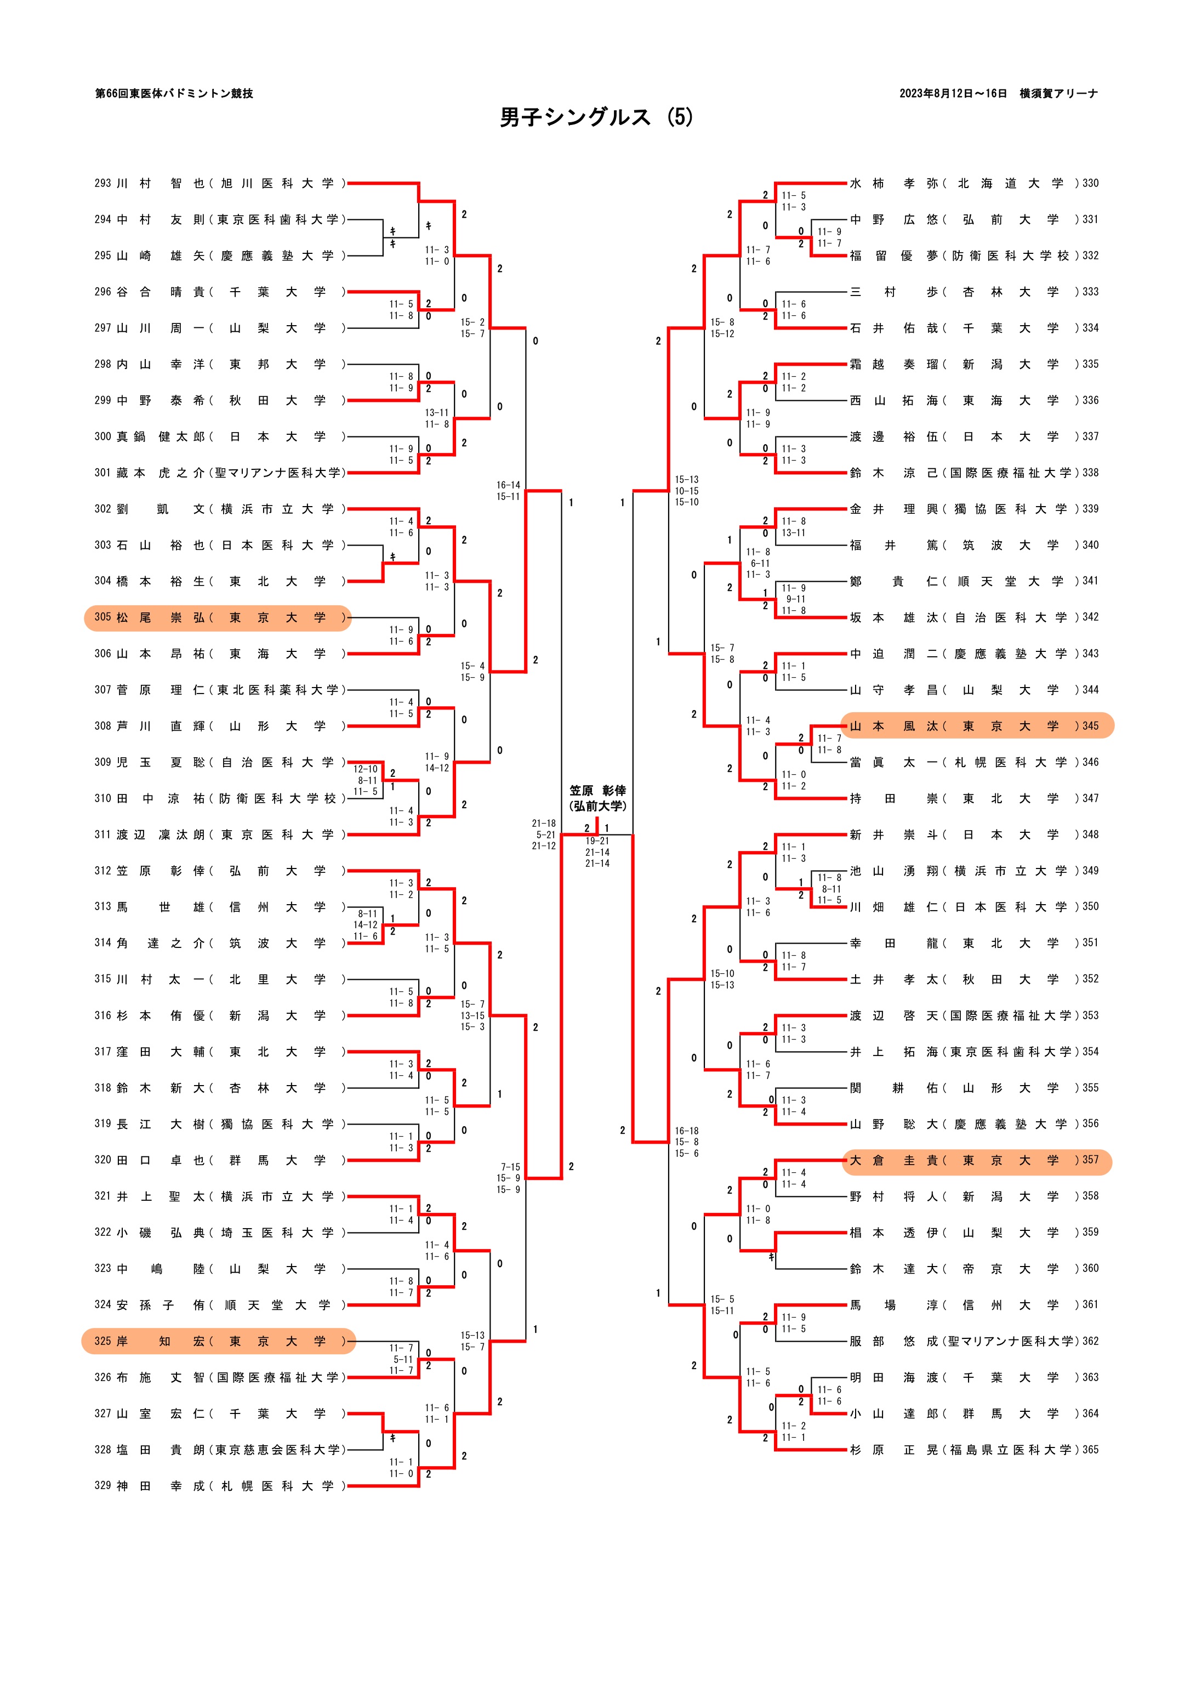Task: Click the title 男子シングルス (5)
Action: coord(596,117)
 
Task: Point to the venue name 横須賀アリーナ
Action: coord(1058,94)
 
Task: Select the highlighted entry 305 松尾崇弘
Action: coord(218,617)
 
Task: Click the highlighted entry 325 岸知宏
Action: coord(218,1341)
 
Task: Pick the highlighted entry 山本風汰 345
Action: coord(976,726)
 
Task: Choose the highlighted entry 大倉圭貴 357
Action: coord(976,1160)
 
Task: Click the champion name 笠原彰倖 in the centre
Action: coord(597,791)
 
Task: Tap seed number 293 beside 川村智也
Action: coord(102,184)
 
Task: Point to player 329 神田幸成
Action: coord(218,1486)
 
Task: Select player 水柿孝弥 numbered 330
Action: coord(973,184)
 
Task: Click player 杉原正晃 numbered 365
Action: coord(973,1450)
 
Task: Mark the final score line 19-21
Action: coord(597,841)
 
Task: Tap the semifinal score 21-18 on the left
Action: coord(544,823)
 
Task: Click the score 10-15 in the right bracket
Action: coord(687,491)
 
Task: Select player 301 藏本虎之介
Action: coord(218,473)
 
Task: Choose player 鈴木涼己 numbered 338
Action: coord(973,473)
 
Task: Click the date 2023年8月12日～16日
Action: coord(953,94)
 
